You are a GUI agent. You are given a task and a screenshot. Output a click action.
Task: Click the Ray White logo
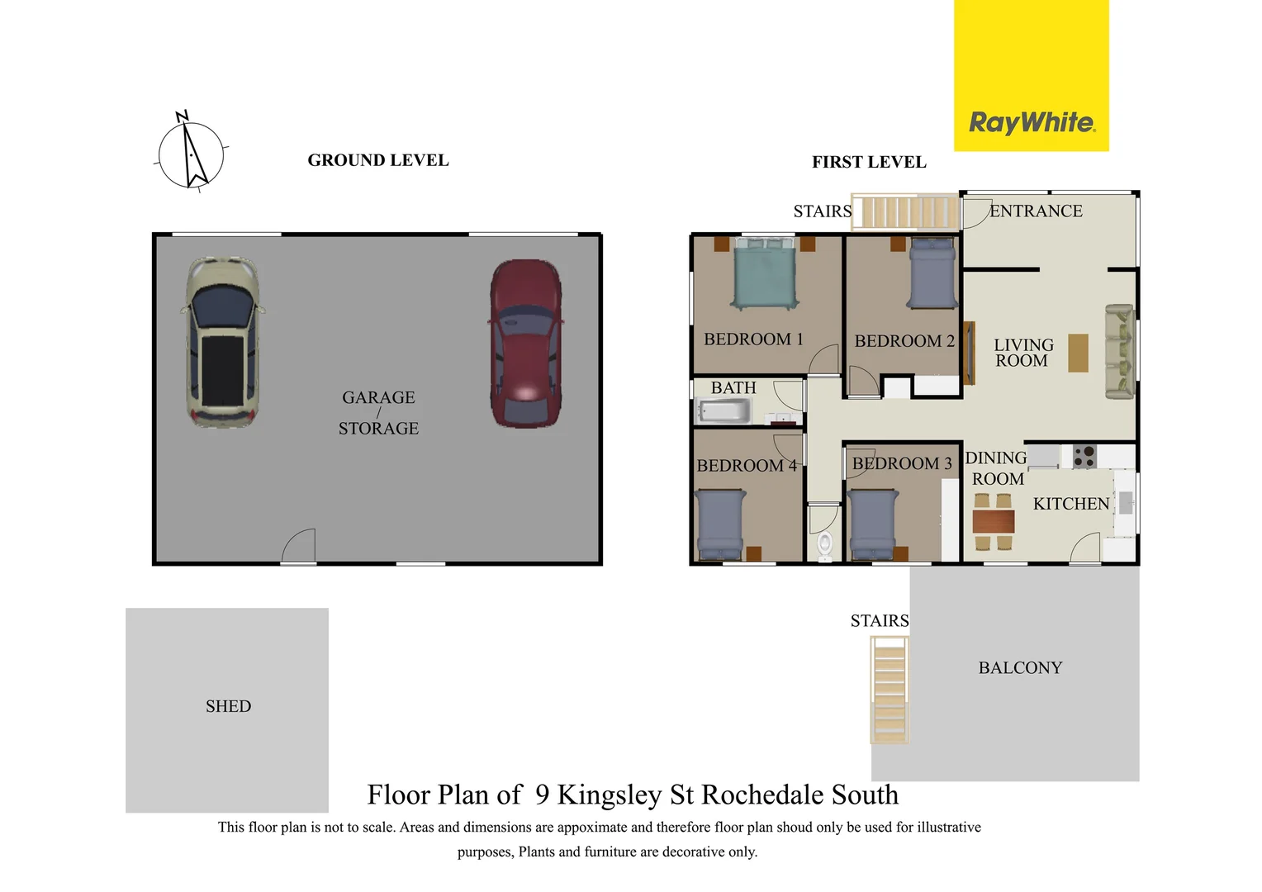(x=1032, y=123)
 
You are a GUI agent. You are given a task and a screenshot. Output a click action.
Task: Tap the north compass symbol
(x=191, y=154)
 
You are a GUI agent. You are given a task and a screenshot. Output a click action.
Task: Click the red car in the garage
(x=525, y=344)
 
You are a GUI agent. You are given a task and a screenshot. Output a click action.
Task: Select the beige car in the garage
(x=221, y=342)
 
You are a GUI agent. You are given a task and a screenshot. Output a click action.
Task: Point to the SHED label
(x=228, y=707)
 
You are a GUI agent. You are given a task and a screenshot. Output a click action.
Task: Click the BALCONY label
(x=1020, y=668)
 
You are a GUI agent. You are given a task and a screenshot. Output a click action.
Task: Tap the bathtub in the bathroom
(x=724, y=410)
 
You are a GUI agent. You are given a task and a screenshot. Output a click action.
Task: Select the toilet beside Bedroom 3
(x=824, y=544)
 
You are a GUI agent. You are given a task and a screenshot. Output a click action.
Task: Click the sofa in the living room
(x=1119, y=352)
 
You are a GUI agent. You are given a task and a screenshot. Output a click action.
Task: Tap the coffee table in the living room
(x=1078, y=353)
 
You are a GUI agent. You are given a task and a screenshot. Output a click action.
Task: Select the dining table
(x=993, y=521)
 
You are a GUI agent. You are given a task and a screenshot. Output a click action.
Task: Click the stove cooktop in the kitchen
(x=1084, y=457)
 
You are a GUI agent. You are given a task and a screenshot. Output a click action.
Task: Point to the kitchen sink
(x=1125, y=501)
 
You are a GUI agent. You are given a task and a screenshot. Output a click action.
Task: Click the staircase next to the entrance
(x=906, y=211)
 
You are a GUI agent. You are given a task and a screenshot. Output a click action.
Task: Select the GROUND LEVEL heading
(x=378, y=160)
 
